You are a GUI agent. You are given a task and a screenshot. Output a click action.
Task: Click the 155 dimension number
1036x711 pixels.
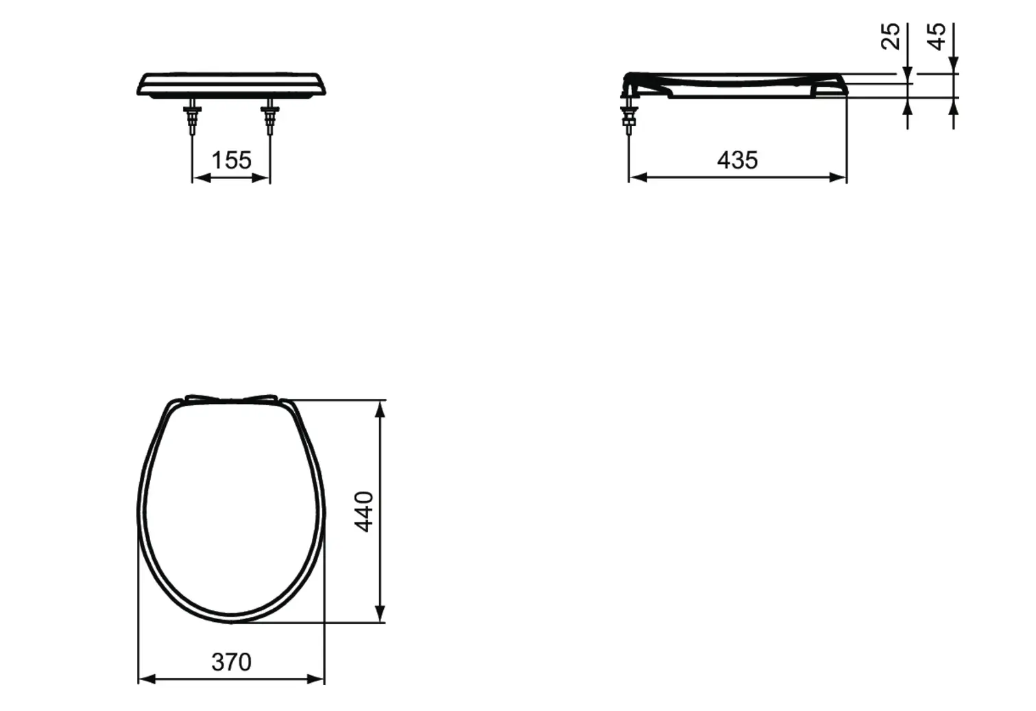(231, 160)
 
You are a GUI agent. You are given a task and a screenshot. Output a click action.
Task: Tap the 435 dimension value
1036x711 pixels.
(737, 160)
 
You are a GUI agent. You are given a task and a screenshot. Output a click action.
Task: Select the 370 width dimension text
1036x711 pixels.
(231, 662)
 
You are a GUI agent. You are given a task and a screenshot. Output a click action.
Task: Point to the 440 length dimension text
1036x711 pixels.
(364, 511)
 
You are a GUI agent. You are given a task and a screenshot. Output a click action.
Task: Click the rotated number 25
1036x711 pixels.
(890, 36)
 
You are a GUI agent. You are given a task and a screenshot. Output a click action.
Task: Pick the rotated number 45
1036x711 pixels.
(937, 36)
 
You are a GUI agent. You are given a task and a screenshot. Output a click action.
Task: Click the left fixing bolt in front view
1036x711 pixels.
(192, 117)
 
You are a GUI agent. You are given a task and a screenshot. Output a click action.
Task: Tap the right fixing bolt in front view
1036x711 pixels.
(270, 117)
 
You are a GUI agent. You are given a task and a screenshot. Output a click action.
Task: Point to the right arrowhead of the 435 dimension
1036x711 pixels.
(838, 178)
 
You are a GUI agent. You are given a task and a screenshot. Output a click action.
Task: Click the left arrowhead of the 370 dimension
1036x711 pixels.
(147, 679)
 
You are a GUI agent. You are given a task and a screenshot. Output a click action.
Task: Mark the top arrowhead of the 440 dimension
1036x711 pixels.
(381, 409)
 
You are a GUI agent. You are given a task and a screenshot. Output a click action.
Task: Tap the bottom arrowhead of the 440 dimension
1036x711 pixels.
(381, 614)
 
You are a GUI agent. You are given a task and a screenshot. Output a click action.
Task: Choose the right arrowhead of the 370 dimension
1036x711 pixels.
(315, 679)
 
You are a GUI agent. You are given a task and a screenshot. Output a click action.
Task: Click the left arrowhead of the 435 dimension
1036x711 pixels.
(638, 178)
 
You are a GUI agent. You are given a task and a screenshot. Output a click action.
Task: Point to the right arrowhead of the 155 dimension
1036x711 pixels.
(261, 178)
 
